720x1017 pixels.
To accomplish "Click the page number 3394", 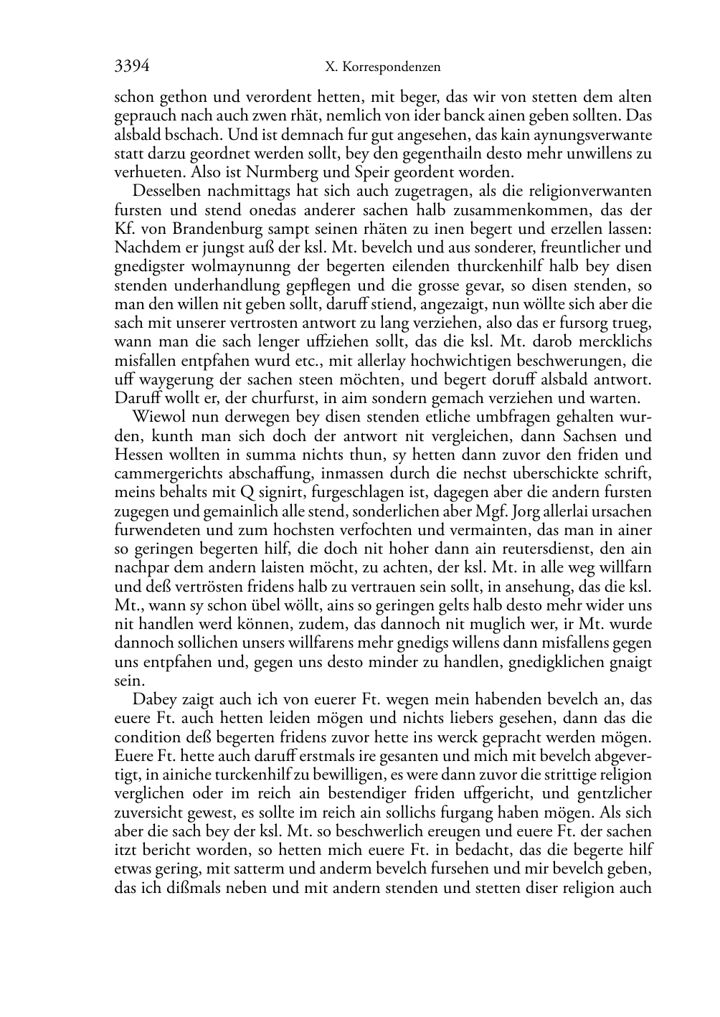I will [x=132, y=67].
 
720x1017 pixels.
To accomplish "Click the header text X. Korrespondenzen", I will [x=382, y=67].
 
